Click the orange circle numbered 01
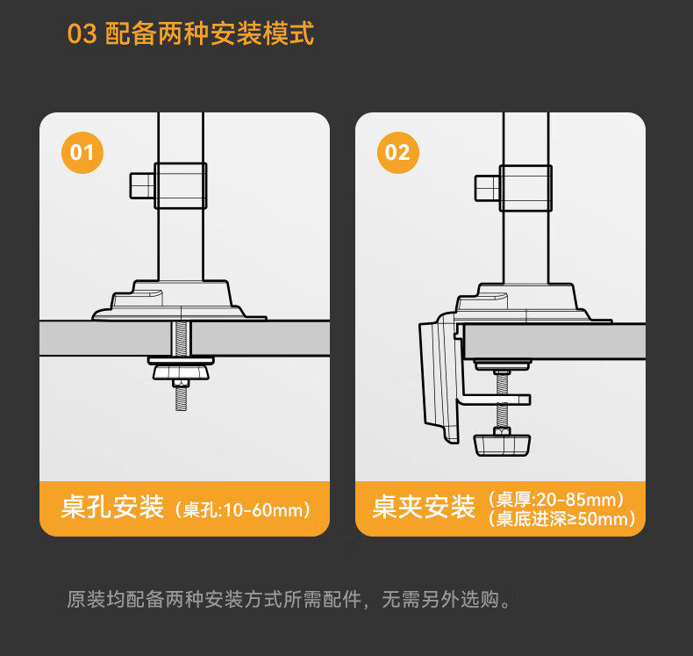82,154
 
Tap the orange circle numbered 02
397,154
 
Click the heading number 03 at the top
82,34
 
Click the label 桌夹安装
424,508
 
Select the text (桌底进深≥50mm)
562,519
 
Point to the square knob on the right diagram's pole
487,187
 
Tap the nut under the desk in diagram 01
182,372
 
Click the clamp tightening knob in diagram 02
503,443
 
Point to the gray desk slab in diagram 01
96,337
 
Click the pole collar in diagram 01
181,184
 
